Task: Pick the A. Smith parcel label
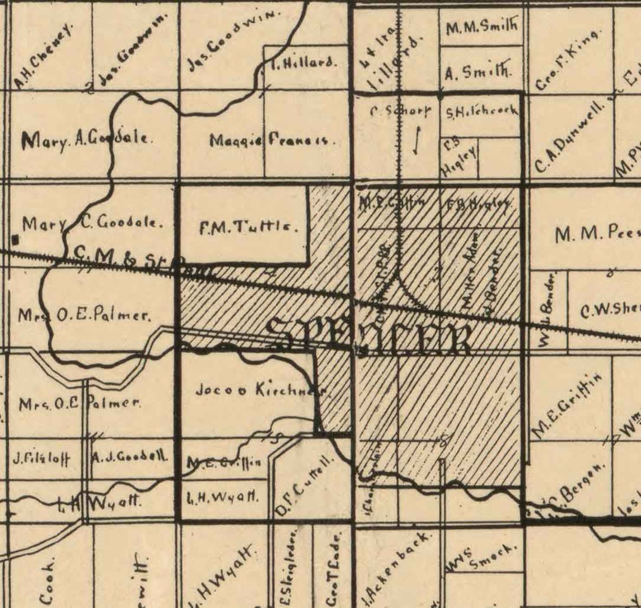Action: tap(478, 72)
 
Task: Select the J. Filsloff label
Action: tap(42, 458)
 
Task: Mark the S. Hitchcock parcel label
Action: tap(481, 111)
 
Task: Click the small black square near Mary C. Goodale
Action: tap(16, 240)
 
